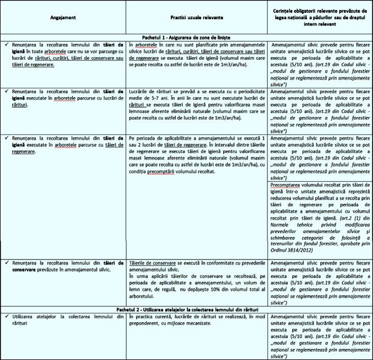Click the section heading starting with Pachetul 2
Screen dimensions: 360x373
(x=186, y=311)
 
